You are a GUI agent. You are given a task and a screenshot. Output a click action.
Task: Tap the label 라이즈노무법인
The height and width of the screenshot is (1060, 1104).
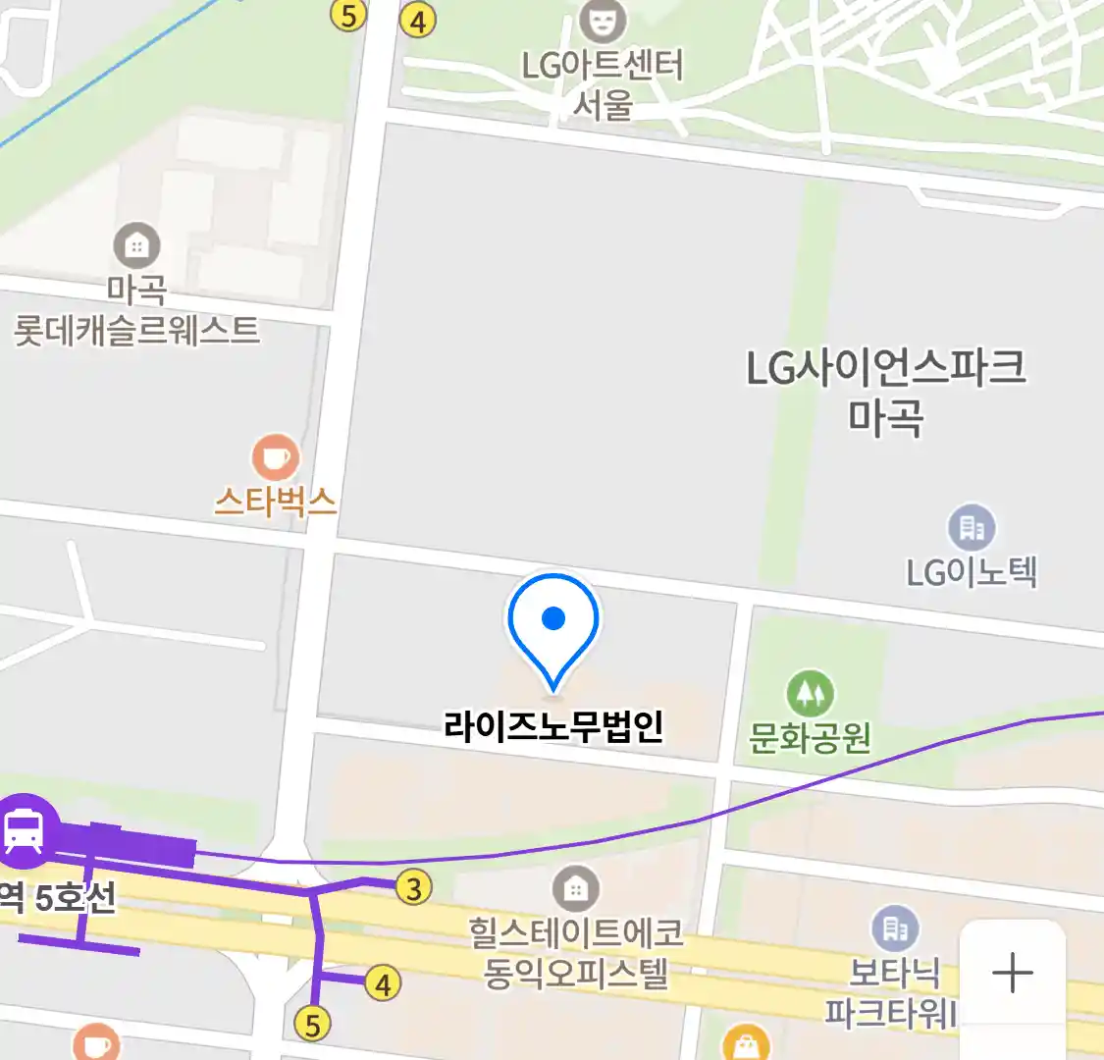tap(553, 726)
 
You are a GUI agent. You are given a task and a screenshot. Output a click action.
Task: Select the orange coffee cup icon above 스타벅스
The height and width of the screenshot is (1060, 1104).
tap(276, 457)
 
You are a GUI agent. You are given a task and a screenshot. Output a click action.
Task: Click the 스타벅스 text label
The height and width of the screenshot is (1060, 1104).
tap(276, 503)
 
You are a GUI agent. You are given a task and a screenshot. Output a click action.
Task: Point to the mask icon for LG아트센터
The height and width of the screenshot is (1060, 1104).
tap(602, 20)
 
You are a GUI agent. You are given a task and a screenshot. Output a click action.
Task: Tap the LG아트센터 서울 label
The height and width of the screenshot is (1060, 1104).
tap(602, 84)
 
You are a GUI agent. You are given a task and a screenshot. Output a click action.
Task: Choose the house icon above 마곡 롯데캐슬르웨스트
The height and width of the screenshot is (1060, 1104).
tap(136, 245)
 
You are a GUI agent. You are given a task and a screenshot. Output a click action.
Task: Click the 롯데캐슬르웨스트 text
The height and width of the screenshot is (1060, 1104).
tap(136, 331)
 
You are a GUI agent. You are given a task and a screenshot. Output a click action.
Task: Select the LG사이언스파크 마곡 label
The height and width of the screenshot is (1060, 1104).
tap(886, 392)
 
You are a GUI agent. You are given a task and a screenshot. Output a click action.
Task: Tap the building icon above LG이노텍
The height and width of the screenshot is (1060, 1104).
tap(972, 529)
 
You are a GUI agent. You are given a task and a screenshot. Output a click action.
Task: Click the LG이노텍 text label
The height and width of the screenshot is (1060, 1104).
tap(972, 571)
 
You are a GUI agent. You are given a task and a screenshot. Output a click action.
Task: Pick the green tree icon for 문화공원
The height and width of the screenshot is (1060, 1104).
tap(810, 694)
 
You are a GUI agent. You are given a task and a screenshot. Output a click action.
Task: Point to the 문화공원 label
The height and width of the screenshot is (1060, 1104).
tap(810, 737)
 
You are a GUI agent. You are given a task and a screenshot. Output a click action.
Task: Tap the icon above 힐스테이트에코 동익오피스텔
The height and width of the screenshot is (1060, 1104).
tap(576, 889)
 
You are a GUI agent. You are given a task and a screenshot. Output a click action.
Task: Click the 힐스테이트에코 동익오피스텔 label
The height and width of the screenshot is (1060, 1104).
tap(576, 952)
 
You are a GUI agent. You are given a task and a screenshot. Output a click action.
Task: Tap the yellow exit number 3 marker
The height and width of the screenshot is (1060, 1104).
tap(414, 888)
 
